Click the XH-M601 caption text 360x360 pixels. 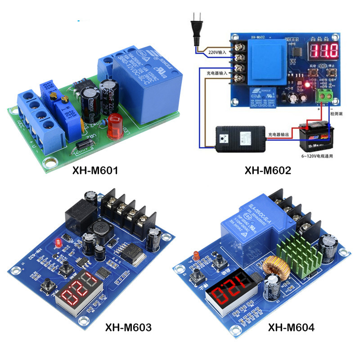pos(96,171)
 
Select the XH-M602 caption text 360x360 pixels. pos(268,171)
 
